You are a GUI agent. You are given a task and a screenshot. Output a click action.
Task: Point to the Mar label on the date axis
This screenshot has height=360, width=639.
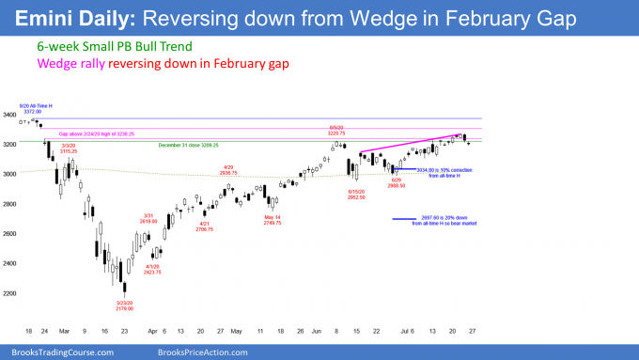pos(62,332)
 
